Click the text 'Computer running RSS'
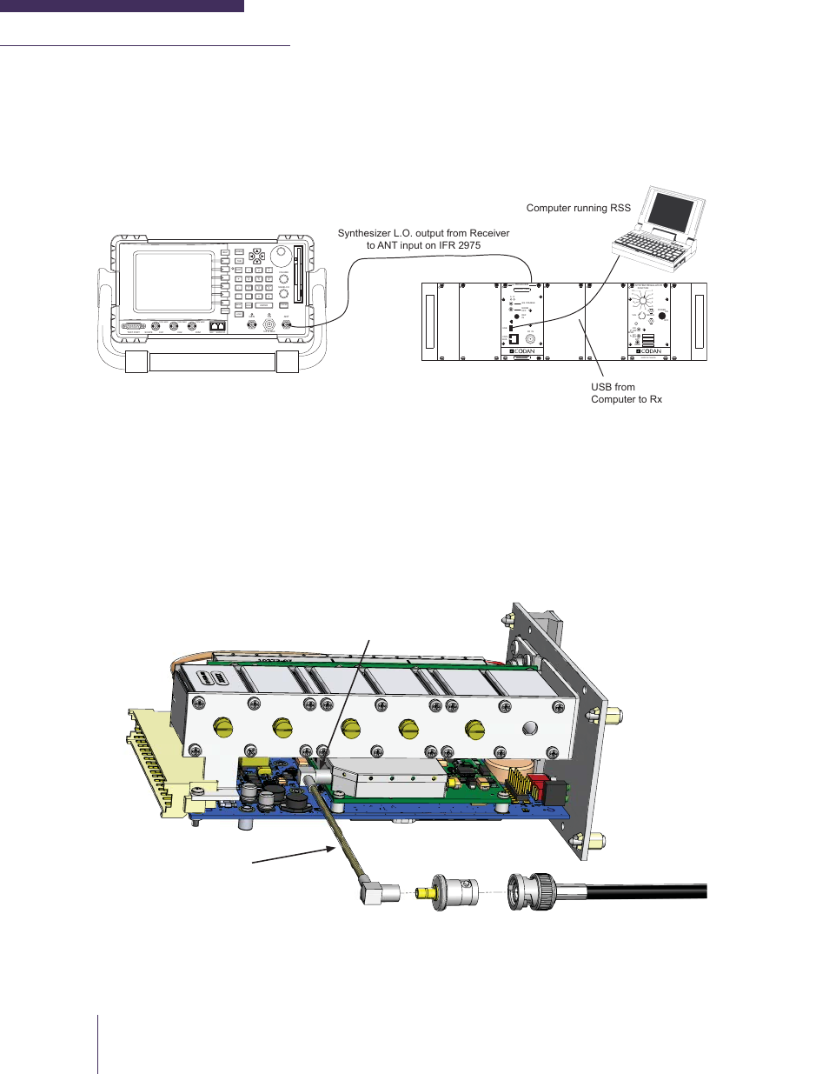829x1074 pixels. [578, 208]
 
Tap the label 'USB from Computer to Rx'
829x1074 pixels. [626, 393]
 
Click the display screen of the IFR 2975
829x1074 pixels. [173, 281]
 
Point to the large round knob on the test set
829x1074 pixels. [280, 256]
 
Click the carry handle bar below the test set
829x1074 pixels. [212, 362]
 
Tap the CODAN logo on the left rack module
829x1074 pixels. [522, 352]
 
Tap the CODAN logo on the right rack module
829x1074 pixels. [649, 352]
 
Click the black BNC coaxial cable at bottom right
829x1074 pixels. [643, 891]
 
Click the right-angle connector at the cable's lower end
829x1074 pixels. [378, 891]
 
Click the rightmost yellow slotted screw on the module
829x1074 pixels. [474, 729]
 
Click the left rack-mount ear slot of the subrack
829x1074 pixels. [429, 322]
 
